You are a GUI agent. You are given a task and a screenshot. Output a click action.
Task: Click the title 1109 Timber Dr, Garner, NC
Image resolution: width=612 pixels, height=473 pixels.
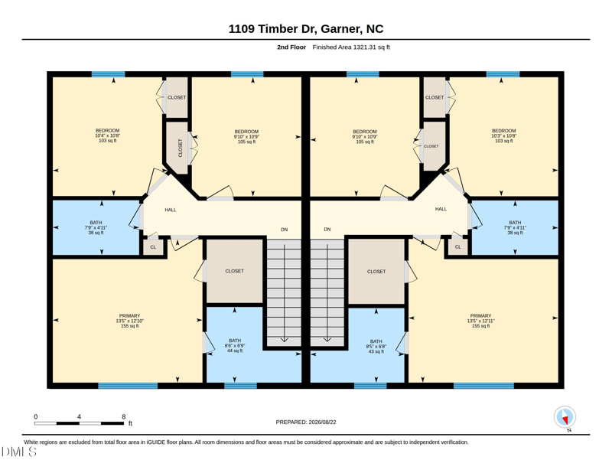point(306,29)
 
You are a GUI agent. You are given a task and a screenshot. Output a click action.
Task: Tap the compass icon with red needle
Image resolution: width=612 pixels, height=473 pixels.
point(565,417)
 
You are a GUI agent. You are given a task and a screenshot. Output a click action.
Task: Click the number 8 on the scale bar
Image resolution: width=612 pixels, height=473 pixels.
point(124,416)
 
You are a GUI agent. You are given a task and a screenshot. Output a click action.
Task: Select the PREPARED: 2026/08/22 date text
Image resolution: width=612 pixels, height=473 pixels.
point(306,422)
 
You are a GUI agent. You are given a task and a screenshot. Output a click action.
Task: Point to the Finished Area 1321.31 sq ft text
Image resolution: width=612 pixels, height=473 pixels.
point(351,47)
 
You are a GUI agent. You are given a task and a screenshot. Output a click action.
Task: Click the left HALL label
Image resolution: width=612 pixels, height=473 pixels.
point(171,210)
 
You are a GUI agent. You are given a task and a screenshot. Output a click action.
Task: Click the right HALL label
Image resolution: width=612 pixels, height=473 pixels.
point(441,209)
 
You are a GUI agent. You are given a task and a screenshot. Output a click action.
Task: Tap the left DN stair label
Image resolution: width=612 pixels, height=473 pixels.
point(285,230)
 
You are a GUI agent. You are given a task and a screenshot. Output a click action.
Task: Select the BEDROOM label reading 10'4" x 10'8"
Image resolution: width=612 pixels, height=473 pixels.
point(108,135)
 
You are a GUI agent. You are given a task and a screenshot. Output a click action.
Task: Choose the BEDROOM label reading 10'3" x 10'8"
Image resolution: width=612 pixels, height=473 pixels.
point(504,135)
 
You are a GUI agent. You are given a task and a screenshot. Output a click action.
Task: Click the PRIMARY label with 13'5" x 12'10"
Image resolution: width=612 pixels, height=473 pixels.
point(129,321)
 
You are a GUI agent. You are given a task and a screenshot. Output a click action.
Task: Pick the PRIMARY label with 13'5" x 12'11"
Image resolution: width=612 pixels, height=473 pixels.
point(481,321)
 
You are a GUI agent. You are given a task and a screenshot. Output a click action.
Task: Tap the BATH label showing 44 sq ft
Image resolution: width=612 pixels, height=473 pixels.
point(235,346)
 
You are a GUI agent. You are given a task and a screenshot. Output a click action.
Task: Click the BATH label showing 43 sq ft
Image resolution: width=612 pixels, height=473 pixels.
point(376,346)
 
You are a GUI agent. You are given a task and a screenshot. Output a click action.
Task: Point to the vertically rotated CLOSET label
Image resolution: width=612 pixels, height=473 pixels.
point(181,148)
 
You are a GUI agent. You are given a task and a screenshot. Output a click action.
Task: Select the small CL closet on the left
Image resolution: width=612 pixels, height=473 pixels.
point(153,247)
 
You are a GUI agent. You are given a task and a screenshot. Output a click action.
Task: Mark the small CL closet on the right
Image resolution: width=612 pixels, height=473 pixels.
point(457,247)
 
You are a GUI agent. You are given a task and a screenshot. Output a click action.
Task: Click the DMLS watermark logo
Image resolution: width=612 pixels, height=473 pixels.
point(18,452)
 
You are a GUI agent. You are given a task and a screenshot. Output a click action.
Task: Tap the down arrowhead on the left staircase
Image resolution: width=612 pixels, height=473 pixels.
point(284,340)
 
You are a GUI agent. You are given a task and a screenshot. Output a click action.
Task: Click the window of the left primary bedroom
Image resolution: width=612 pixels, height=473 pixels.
point(128,386)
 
